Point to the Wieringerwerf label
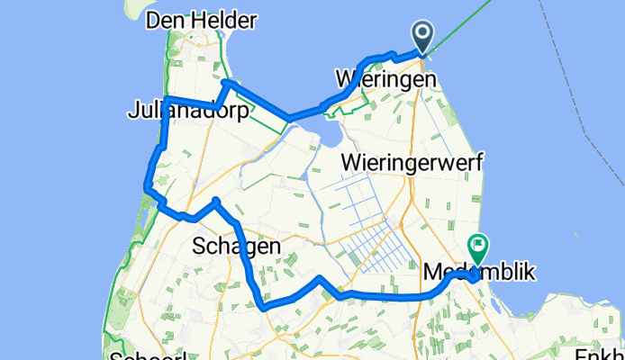point(413,163)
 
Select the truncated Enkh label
point(598,352)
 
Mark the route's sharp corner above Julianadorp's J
point(167,97)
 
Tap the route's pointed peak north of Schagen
point(216,199)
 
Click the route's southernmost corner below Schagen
point(264,308)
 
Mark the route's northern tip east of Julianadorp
point(226,82)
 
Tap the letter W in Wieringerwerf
point(352,163)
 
